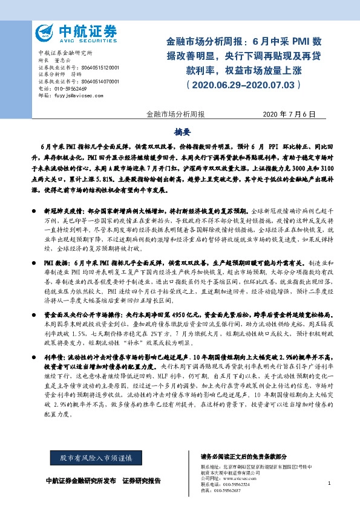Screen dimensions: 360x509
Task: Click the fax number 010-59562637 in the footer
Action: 227,490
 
